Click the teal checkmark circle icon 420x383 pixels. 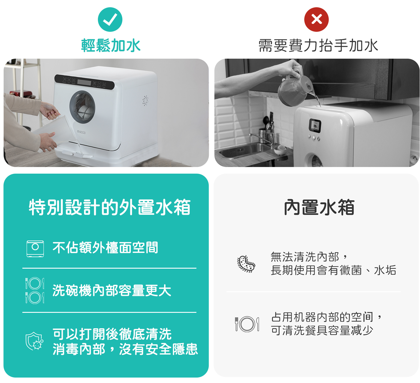pos(110,20)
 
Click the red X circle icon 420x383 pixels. pos(316,20)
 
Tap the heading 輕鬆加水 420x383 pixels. pos(111,45)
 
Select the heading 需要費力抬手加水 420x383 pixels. pos(318,45)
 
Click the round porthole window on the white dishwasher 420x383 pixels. pos(82,107)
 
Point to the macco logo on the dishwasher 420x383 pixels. pos(81,132)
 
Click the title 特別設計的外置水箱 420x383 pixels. pos(110,207)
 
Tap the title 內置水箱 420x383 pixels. pos(319,207)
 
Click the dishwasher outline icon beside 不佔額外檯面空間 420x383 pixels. pos(35,248)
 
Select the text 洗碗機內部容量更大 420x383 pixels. pos(112,290)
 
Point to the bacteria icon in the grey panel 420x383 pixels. pos(246,264)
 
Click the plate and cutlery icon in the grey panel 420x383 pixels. pos(247,324)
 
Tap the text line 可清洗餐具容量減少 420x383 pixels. pos(322,331)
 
